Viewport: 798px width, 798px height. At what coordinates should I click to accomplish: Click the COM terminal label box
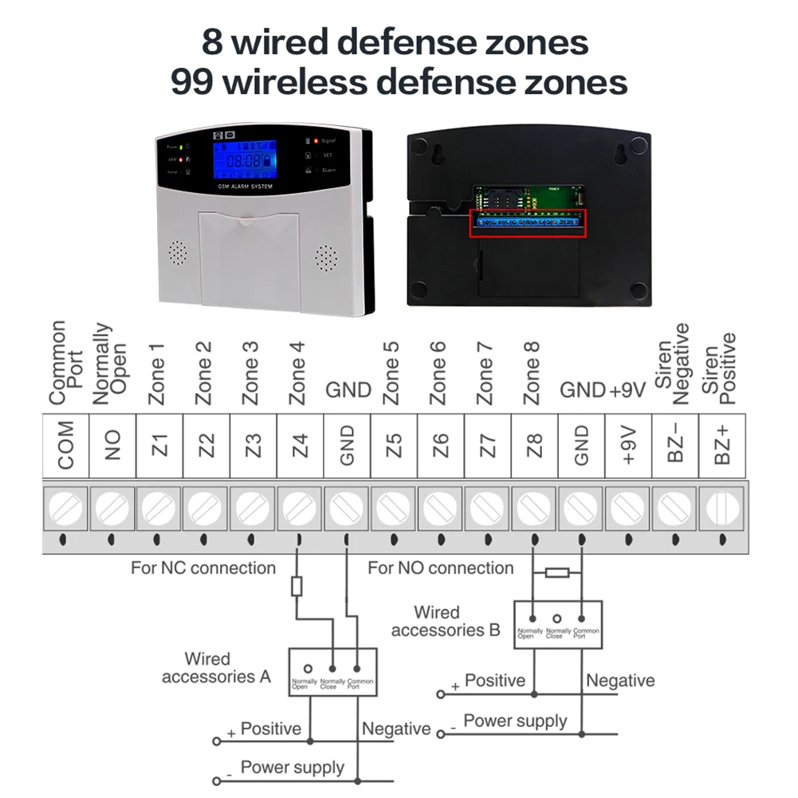coord(66,446)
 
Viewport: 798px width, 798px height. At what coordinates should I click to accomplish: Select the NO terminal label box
coord(113,446)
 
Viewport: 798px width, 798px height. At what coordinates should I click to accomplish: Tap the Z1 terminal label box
coord(160,446)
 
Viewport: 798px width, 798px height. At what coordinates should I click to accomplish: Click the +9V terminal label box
coord(629,446)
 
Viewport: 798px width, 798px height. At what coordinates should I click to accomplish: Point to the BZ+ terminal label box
coord(722,446)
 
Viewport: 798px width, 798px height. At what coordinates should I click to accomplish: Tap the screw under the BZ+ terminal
coord(722,507)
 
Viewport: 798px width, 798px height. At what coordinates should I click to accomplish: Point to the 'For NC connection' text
coord(203,568)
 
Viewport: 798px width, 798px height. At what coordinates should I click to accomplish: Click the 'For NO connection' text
coord(440,568)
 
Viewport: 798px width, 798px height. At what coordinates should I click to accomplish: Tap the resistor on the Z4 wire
coord(297,588)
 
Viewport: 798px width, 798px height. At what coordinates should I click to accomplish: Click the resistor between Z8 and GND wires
coord(557,572)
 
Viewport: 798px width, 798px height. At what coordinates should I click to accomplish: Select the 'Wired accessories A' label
coord(216,668)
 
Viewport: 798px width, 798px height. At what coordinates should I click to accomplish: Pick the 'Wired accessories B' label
coord(445,622)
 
